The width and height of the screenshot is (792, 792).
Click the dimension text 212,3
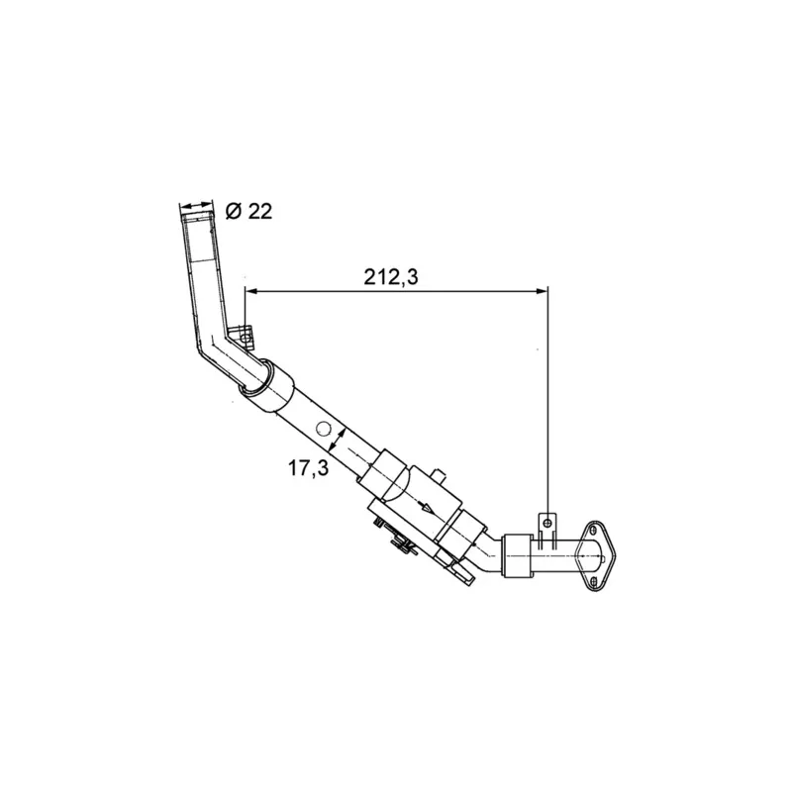(x=391, y=277)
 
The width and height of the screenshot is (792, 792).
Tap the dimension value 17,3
(x=308, y=468)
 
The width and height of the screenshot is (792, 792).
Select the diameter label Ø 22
(x=248, y=211)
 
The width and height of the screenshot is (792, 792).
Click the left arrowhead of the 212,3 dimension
(x=251, y=291)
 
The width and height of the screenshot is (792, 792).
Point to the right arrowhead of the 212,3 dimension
(x=542, y=291)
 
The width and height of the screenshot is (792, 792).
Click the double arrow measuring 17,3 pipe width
(x=337, y=439)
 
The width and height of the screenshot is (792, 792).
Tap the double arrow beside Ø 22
(x=196, y=205)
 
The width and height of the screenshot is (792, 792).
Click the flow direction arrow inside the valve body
(x=429, y=508)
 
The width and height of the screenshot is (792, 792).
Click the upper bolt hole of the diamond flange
(x=593, y=530)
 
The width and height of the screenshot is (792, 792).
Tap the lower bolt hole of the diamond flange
(x=594, y=581)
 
